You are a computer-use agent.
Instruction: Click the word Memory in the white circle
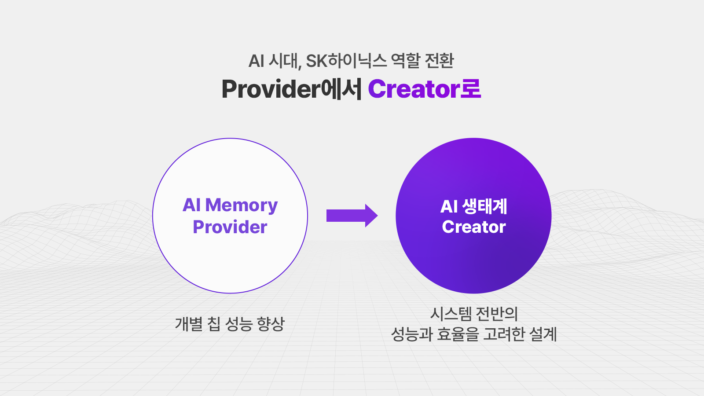(242, 205)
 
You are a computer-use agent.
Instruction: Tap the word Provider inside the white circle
(230, 227)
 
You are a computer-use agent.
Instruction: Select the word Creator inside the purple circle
(474, 227)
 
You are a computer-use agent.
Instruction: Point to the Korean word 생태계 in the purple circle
(485, 206)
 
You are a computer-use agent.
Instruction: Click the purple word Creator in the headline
(414, 89)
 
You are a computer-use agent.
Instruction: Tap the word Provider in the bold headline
(271, 89)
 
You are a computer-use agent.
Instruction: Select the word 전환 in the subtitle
(439, 61)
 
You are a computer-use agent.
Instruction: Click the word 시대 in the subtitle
(283, 61)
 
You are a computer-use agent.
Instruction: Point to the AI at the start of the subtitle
(256, 61)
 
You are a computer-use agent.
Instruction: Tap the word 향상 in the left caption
(271, 324)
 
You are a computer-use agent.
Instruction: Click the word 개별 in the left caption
(189, 324)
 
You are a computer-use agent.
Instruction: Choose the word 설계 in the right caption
(543, 334)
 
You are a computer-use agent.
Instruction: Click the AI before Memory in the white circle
(192, 205)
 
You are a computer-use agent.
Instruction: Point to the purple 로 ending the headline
(471, 89)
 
